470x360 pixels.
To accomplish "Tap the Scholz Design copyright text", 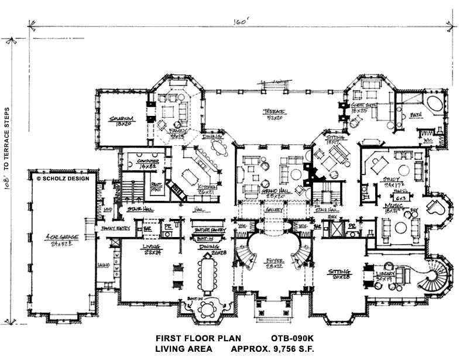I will pyautogui.click(x=62, y=177).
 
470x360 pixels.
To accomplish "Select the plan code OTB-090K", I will pyautogui.click(x=292, y=338).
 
